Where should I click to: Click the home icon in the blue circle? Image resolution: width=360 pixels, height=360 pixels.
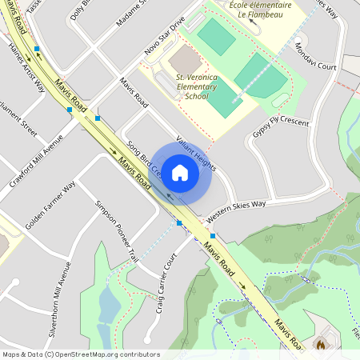[x=180, y=172]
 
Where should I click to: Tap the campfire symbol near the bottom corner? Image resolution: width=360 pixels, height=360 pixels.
[x=321, y=346]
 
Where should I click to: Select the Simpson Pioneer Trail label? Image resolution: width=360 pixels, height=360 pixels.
[x=117, y=231]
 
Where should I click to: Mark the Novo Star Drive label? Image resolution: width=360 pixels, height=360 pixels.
[x=164, y=33]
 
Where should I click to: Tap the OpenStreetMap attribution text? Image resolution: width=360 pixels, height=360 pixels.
[x=81, y=354]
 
